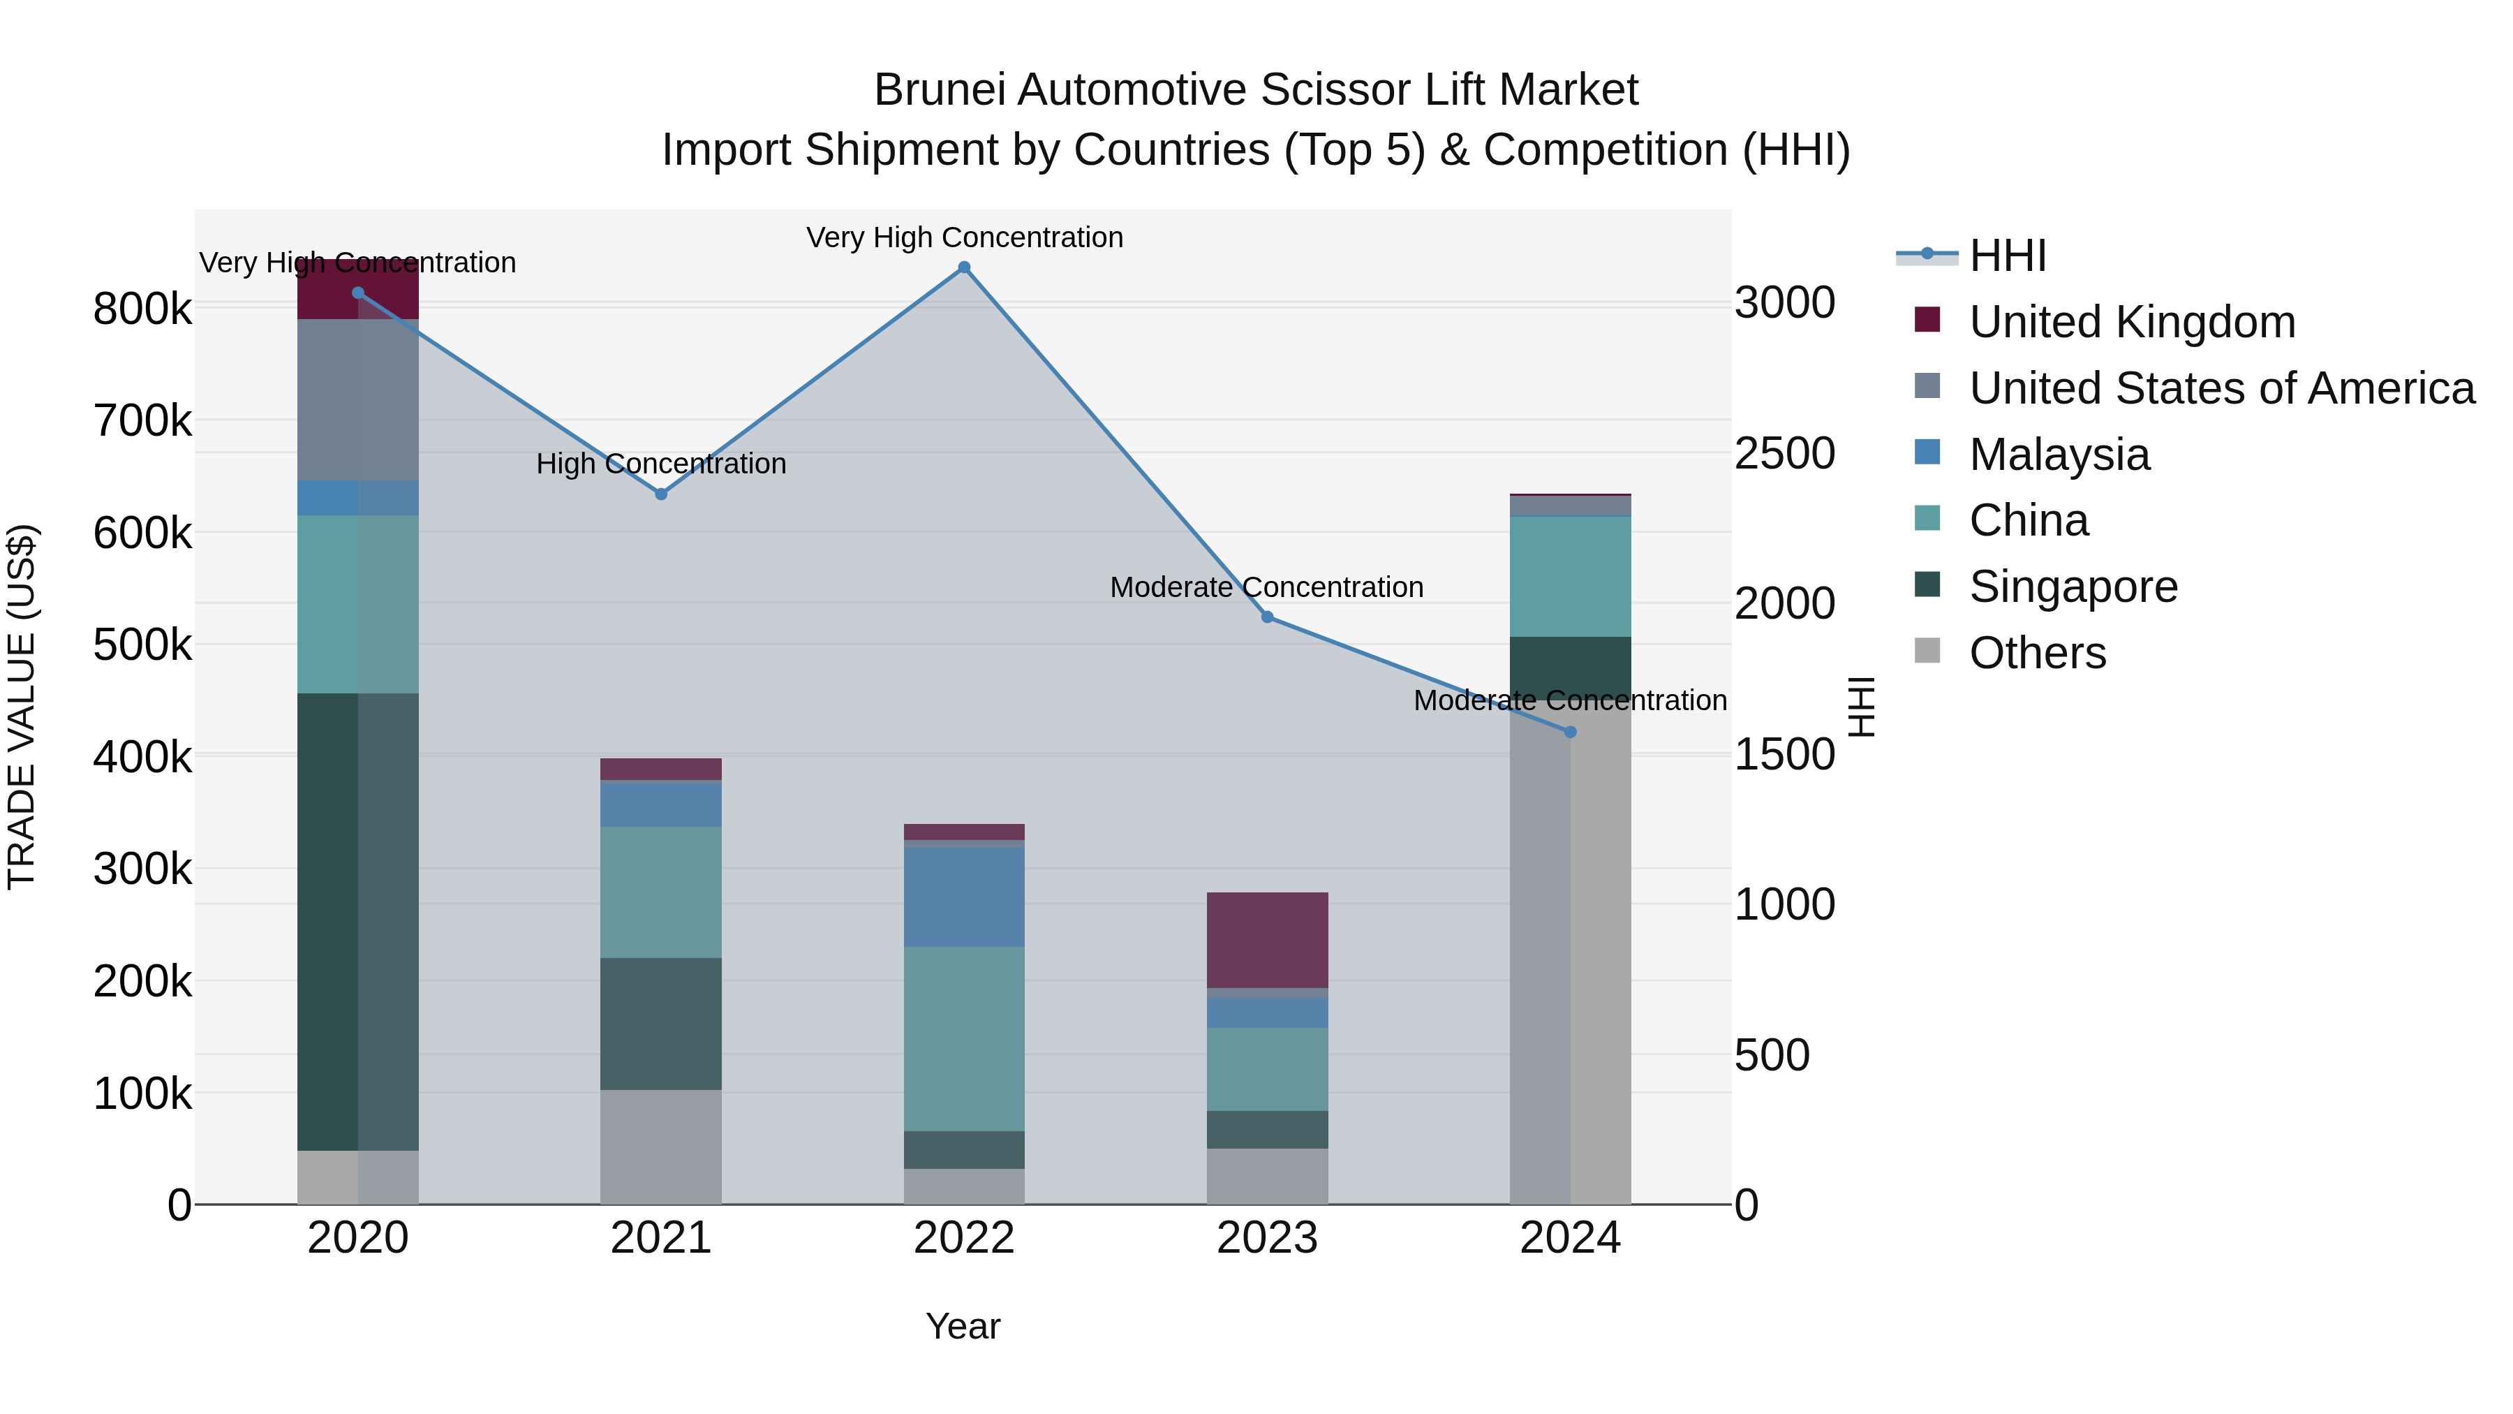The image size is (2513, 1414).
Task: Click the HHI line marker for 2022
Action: pyautogui.click(x=964, y=267)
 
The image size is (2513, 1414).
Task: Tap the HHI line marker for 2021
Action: pyautogui.click(x=662, y=494)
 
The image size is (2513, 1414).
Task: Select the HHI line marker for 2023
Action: pyautogui.click(x=1267, y=617)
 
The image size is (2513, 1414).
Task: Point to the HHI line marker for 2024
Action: pyautogui.click(x=1571, y=732)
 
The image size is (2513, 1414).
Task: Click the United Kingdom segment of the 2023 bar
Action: pyautogui.click(x=1267, y=940)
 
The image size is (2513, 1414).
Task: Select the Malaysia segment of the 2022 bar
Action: pyautogui.click(x=964, y=897)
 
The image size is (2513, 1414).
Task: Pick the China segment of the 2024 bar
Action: pyautogui.click(x=1571, y=577)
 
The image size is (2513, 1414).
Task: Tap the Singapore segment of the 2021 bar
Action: pyautogui.click(x=662, y=1024)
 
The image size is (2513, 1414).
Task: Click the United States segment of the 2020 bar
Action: pyautogui.click(x=358, y=400)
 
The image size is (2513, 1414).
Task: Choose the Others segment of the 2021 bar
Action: pyautogui.click(x=662, y=1147)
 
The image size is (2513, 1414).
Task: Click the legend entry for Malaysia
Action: pyautogui.click(x=2059, y=455)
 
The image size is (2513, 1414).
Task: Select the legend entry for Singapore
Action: pyautogui.click(x=2073, y=587)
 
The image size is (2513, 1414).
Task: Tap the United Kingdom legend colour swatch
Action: pyautogui.click(x=1927, y=319)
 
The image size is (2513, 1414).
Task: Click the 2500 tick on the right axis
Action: pyautogui.click(x=1784, y=454)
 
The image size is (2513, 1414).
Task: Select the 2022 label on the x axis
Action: pyautogui.click(x=964, y=1238)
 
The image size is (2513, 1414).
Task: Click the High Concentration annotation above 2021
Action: pyautogui.click(x=662, y=464)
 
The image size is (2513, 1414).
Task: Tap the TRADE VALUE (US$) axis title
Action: pyautogui.click(x=22, y=707)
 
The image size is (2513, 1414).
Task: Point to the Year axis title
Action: pyautogui.click(x=963, y=1326)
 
